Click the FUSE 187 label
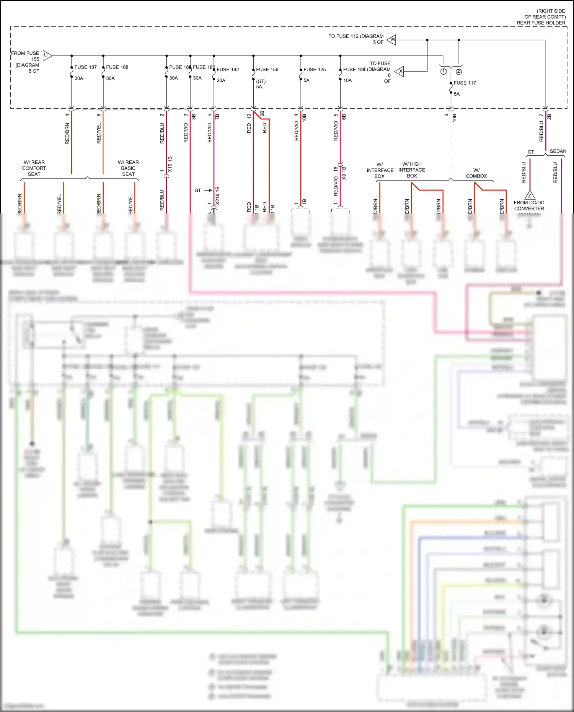[x=85, y=67]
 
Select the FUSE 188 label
[x=117, y=67]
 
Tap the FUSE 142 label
[x=228, y=70]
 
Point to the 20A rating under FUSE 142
[x=221, y=81]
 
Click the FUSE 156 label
[x=267, y=70]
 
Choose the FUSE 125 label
[x=315, y=70]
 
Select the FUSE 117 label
[x=465, y=83]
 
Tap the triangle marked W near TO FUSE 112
[x=392, y=39]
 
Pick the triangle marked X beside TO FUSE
[x=400, y=71]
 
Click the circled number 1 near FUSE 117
[x=443, y=72]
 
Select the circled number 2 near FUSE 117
[x=459, y=72]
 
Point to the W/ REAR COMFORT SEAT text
[x=34, y=168]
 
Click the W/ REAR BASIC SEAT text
[x=128, y=168]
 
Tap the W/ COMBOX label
[x=476, y=173]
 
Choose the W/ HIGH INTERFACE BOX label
[x=412, y=170]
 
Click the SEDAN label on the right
[x=558, y=152]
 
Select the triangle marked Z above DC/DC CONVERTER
[x=530, y=195]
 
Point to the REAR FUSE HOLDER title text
[x=541, y=23]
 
